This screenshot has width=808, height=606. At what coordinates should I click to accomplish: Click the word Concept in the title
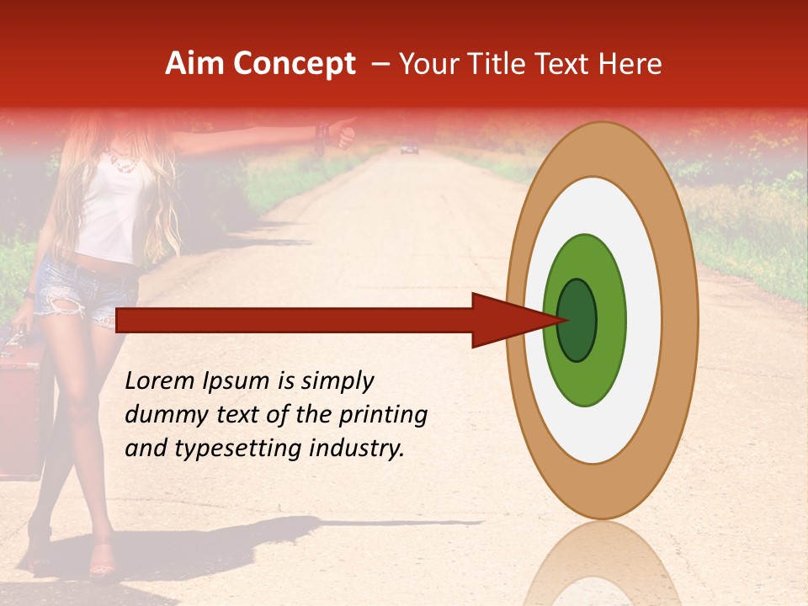[x=295, y=64]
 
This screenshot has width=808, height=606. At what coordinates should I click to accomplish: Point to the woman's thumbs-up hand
[x=343, y=132]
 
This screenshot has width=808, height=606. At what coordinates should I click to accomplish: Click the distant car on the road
[x=409, y=149]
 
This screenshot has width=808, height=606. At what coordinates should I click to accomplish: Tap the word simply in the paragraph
[x=337, y=381]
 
